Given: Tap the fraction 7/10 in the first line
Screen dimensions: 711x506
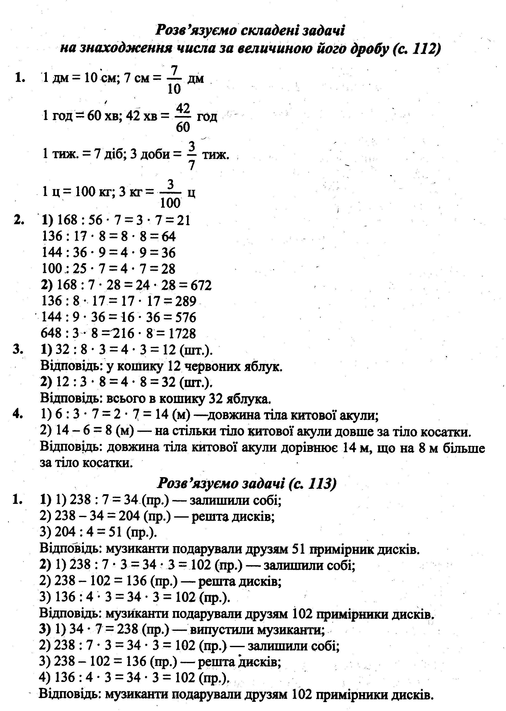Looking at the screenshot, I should [x=174, y=79].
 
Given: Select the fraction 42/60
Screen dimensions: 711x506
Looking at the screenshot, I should [x=183, y=118].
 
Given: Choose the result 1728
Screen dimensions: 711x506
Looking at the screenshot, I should [x=182, y=334].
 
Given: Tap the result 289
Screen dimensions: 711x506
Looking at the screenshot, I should [x=186, y=301].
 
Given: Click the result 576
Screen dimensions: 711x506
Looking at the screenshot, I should [x=186, y=317].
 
